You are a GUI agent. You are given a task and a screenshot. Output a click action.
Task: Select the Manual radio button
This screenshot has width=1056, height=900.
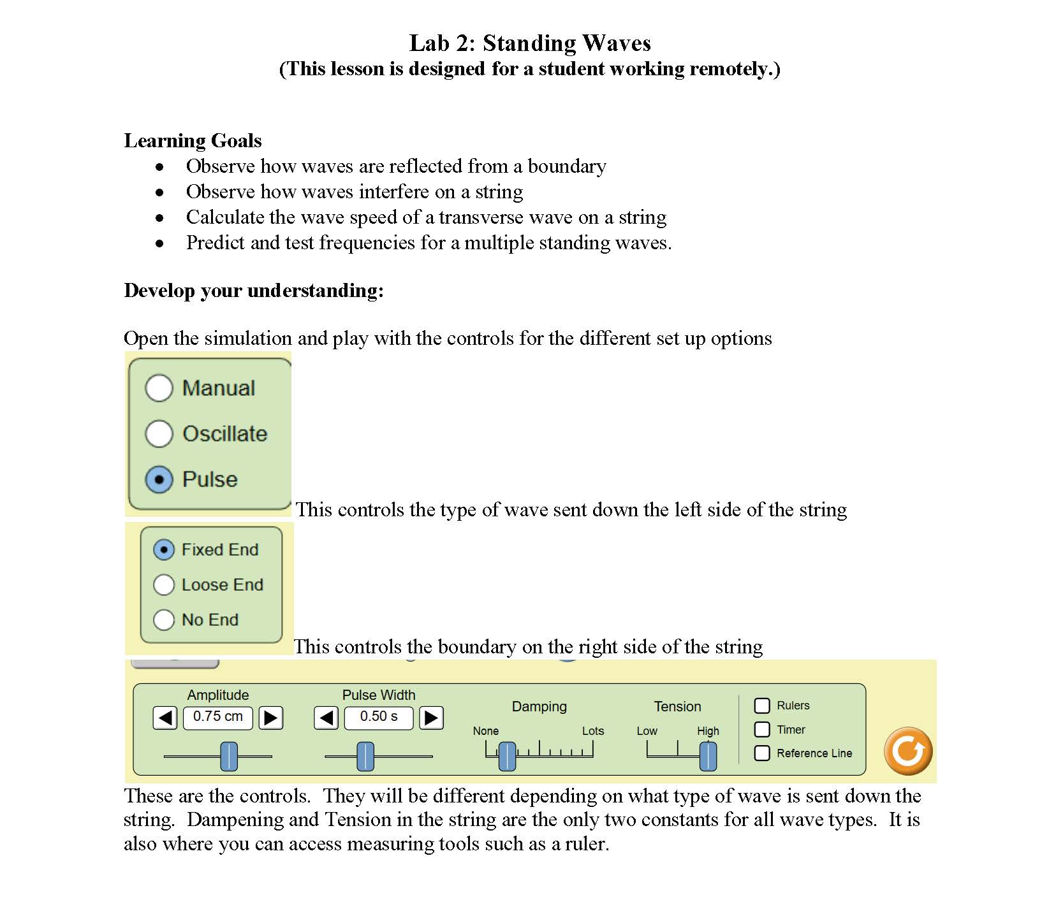click(159, 388)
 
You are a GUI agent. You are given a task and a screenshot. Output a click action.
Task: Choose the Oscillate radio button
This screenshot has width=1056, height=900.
click(159, 433)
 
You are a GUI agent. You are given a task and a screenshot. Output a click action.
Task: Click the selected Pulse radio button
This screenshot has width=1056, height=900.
click(159, 479)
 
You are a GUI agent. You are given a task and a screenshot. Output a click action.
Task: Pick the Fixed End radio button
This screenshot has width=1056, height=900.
click(164, 549)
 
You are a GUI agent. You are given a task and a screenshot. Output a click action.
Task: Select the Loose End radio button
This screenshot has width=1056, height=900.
click(164, 584)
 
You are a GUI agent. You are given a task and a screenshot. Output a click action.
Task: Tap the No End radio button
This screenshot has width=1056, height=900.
click(164, 620)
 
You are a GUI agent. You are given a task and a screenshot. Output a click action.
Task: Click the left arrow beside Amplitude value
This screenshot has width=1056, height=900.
click(165, 718)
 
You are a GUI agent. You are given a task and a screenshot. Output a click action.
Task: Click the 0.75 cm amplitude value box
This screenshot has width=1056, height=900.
click(217, 717)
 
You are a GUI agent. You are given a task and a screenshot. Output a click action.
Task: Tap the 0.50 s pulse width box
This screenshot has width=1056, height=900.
click(379, 717)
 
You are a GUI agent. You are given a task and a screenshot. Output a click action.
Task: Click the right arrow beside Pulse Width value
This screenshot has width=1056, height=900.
click(431, 718)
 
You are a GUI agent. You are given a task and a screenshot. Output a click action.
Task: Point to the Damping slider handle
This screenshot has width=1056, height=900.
click(507, 756)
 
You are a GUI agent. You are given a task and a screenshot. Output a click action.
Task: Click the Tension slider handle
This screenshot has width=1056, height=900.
click(708, 756)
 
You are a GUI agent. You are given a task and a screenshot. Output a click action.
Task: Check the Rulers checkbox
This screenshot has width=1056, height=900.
click(762, 706)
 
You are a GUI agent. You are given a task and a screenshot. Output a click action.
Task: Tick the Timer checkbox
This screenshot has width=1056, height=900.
click(762, 729)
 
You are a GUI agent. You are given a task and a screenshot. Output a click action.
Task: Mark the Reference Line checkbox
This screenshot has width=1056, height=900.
click(762, 753)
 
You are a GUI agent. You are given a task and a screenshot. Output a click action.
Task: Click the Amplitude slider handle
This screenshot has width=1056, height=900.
click(229, 756)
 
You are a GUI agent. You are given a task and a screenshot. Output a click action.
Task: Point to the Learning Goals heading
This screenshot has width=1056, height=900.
click(193, 140)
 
